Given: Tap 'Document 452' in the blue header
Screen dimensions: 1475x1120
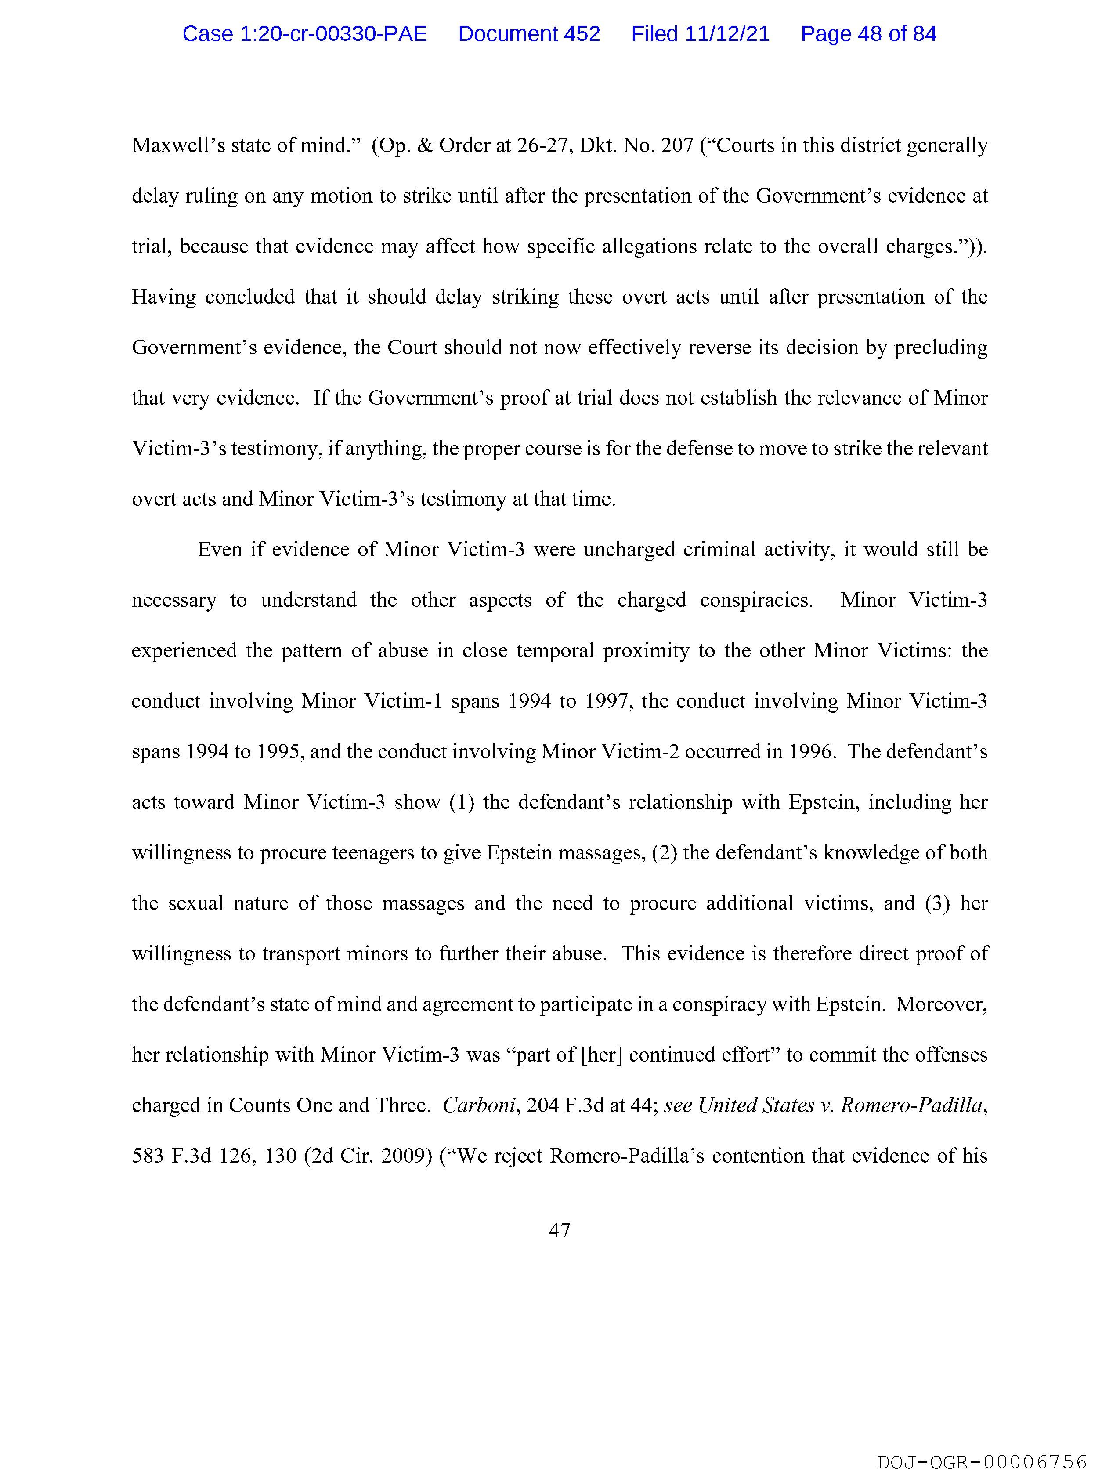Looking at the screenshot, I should (x=529, y=34).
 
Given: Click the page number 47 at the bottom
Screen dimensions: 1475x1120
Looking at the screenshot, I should (x=559, y=1230).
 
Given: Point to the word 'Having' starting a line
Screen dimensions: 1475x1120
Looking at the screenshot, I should (x=163, y=297).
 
